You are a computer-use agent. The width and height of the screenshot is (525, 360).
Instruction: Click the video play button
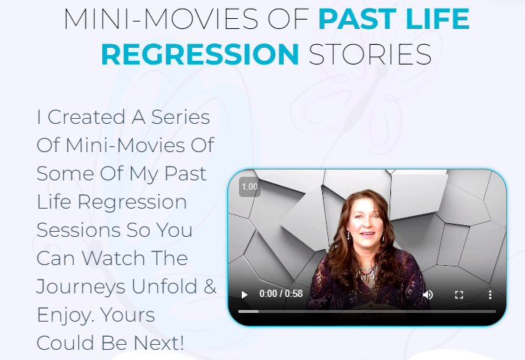click(245, 295)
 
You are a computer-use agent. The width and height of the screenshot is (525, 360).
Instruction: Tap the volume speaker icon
click(428, 295)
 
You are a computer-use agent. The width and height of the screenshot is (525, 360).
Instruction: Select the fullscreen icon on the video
click(458, 295)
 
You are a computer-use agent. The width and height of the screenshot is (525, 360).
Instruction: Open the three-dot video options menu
click(490, 295)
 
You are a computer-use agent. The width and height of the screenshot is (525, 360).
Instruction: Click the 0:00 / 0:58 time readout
click(280, 295)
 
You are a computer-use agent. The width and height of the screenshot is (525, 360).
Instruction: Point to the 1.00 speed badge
click(250, 187)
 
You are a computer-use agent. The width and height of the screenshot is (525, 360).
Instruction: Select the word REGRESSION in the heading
click(199, 54)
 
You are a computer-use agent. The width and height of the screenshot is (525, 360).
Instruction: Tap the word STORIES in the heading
click(370, 54)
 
